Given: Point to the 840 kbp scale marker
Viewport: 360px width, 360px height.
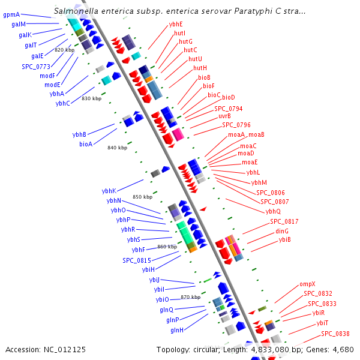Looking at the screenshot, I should (117, 148).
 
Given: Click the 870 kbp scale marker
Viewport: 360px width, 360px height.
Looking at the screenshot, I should (190, 297).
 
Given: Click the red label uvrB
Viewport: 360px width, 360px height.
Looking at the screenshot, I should (224, 116).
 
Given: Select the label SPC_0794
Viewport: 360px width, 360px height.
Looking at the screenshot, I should (229, 109).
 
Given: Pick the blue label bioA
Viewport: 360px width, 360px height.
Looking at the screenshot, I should (86, 144).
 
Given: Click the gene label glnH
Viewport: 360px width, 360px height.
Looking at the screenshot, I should (177, 331).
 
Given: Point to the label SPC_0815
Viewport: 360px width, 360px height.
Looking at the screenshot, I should (137, 260).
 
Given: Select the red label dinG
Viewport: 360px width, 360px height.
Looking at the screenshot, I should (282, 231).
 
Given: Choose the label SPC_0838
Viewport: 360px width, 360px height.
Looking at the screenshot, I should (335, 334).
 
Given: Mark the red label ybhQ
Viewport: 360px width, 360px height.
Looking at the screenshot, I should (273, 211).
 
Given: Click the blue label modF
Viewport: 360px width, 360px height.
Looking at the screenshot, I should (47, 76).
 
